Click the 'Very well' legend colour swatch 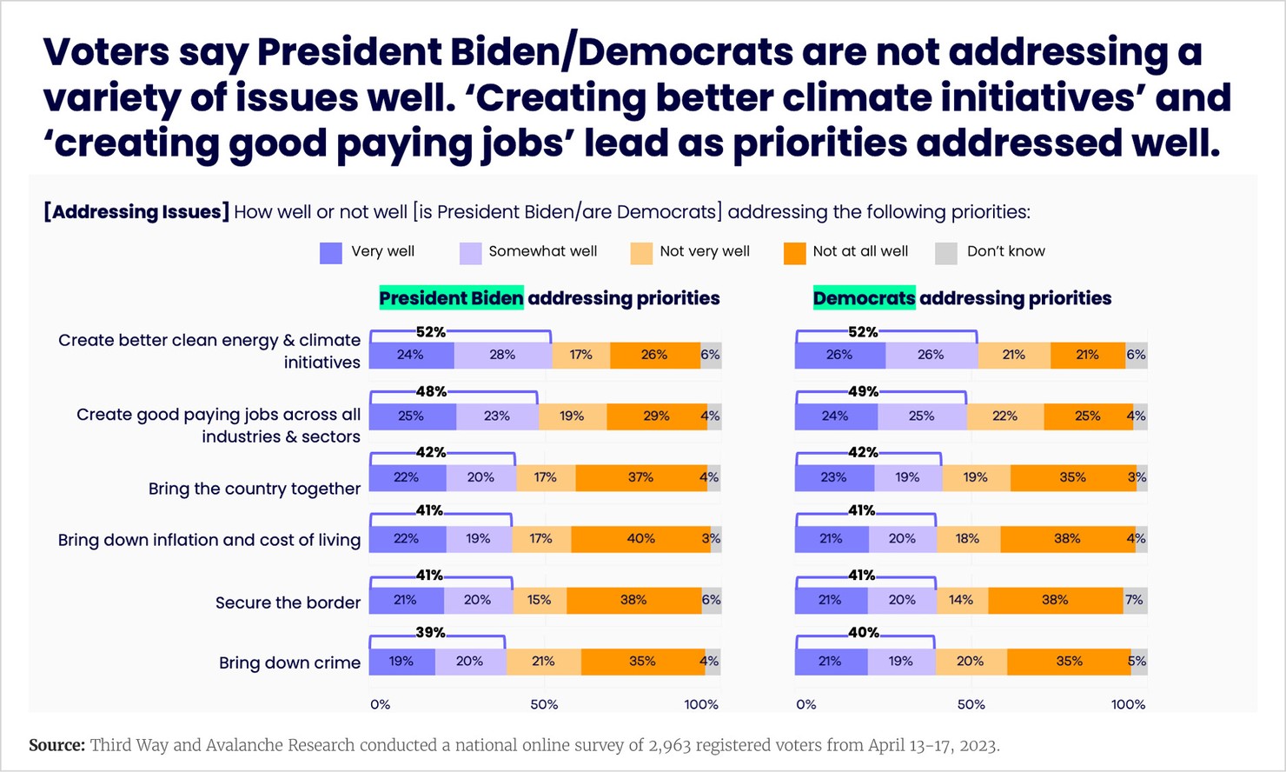[331, 253]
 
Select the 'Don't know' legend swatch [945, 253]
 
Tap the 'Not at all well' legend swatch [794, 253]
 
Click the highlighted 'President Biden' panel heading [451, 298]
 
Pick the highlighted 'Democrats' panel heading [864, 298]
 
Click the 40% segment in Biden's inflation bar [640, 539]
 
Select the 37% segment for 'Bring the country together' [640, 477]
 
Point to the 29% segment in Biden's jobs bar [656, 416]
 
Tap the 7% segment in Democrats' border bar [1134, 600]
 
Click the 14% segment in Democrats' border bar [961, 600]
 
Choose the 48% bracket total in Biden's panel [430, 392]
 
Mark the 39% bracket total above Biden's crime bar [430, 633]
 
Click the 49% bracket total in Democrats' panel [863, 392]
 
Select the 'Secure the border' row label [288, 602]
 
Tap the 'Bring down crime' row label [289, 662]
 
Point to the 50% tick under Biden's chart [544, 704]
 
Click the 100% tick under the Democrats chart [1128, 704]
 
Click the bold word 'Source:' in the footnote [56, 745]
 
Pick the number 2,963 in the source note [670, 745]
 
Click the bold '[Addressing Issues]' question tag [136, 212]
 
